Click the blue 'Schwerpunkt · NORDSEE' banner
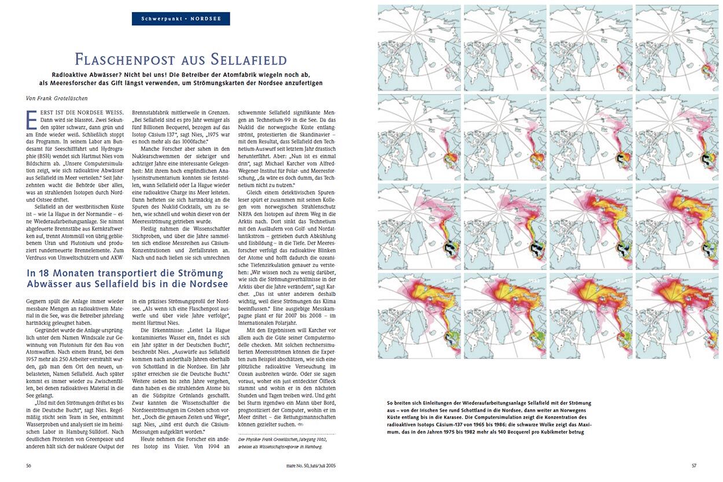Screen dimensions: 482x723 click(x=181, y=18)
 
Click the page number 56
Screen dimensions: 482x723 click(x=29, y=465)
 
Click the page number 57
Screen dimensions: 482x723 click(x=695, y=465)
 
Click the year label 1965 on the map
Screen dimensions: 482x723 click(x=448, y=12)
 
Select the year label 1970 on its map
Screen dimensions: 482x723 click(x=707, y=12)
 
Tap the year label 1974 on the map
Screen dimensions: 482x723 click(x=621, y=102)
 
